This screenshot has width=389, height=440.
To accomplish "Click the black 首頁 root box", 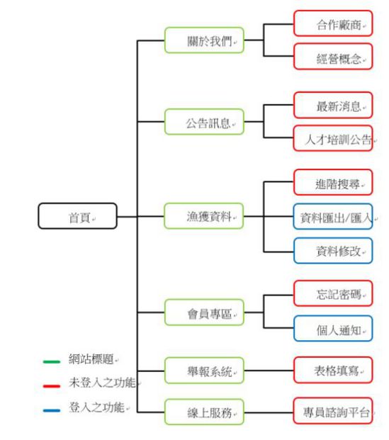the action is [x=77, y=216].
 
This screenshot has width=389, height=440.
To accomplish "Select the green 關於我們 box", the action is [x=204, y=40].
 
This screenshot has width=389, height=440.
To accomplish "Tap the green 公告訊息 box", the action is [x=204, y=121].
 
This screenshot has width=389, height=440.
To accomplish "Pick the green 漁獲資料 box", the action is [x=204, y=216].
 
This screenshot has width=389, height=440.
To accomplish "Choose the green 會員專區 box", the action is [x=204, y=312].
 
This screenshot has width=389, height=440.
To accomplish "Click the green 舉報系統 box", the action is [x=204, y=371].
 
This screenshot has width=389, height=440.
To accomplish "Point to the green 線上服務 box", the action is [x=204, y=412].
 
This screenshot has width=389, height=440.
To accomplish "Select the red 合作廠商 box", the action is [x=333, y=23].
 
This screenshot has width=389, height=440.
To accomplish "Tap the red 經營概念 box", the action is [x=333, y=56].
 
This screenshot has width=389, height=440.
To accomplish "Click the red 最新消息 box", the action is [x=333, y=105].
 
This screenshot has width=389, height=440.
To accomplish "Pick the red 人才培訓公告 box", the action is [x=333, y=138].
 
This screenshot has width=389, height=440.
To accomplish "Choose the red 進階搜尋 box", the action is [x=333, y=182].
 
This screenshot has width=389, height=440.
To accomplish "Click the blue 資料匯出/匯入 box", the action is [x=333, y=216].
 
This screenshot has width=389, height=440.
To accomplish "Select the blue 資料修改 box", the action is [x=333, y=251].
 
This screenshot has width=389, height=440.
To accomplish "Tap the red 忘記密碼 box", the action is [x=333, y=293].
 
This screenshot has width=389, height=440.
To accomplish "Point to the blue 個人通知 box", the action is [x=333, y=328].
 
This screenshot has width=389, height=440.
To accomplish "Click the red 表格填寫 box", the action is [x=333, y=370].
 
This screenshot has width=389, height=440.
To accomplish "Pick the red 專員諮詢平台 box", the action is [x=333, y=410].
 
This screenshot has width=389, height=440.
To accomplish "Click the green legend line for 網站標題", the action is [x=52, y=362].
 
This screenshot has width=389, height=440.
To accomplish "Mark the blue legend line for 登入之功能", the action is [x=52, y=410].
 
